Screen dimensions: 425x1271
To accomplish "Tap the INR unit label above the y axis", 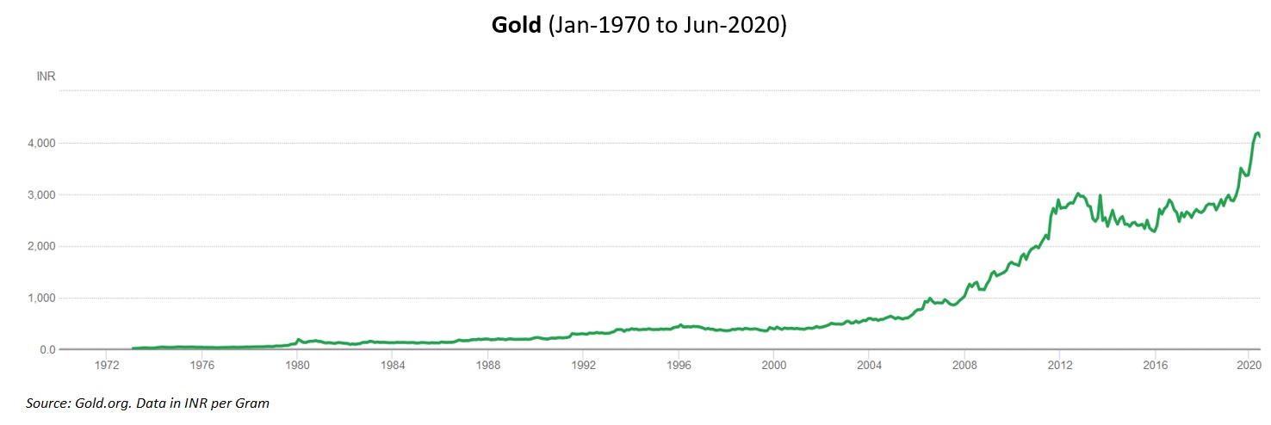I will pyautogui.click(x=46, y=77).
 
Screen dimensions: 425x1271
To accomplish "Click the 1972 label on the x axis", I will pyautogui.click(x=106, y=365).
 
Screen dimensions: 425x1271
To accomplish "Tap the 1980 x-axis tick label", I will pyautogui.click(x=297, y=365).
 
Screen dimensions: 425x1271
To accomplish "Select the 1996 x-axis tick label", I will pyautogui.click(x=679, y=365).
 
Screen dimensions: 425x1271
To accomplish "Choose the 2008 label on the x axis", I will pyautogui.click(x=964, y=365).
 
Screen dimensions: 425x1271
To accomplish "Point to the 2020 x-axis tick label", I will pyautogui.click(x=1249, y=365).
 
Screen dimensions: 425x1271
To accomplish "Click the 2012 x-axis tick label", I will pyautogui.click(x=1059, y=365).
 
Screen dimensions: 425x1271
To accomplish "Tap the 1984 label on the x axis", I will pyautogui.click(x=393, y=365).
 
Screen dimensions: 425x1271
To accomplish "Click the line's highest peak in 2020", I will pyautogui.click(x=1257, y=133).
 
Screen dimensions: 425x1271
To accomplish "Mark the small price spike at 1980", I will pyautogui.click(x=298, y=340).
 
